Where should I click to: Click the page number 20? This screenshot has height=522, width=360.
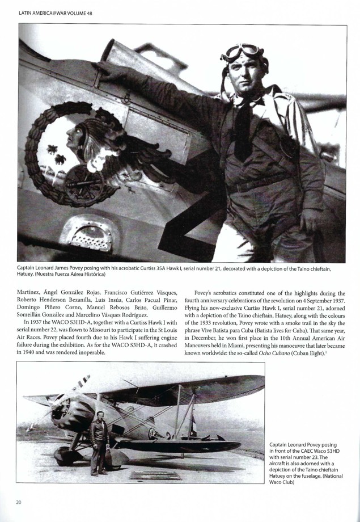click(x=19, y=502)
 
